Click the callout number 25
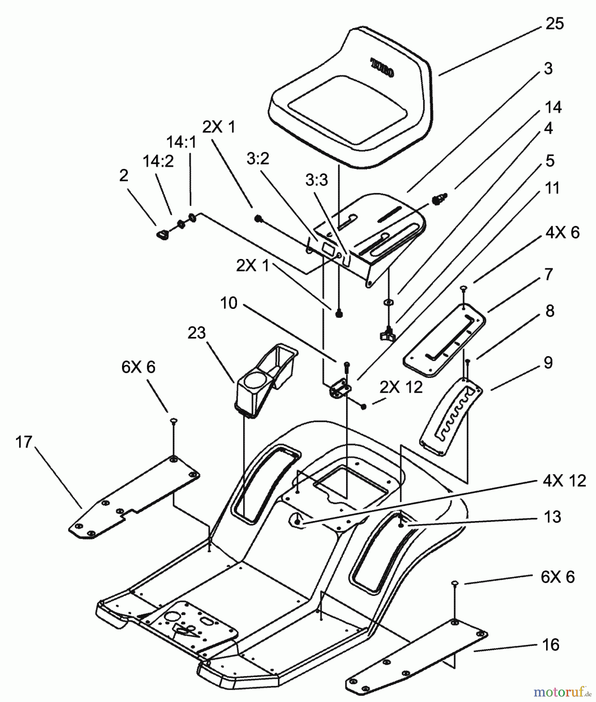coord(554,24)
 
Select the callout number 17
coord(23,442)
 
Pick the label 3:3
coord(317,180)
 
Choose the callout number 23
coord(196,333)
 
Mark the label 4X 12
coord(564,481)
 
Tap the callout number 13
coord(552,517)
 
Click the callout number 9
coord(548,363)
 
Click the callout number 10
coord(228,303)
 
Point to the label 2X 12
coord(401,387)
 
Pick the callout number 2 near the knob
coord(124,175)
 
